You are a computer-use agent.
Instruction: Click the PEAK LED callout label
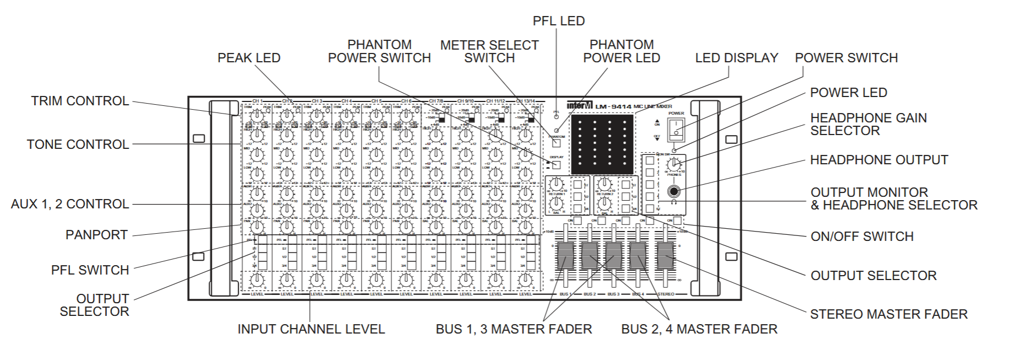(249, 58)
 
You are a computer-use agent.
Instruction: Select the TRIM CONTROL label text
(80, 101)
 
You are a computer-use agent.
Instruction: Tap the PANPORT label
(96, 235)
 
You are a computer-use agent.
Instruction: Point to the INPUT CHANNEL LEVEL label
(311, 329)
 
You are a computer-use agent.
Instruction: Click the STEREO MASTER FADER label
(888, 314)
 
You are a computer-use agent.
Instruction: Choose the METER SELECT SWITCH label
(489, 51)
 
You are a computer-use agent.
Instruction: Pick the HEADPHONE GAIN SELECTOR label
(868, 124)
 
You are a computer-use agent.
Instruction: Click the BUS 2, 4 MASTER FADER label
(699, 329)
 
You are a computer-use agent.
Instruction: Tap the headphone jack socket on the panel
(673, 192)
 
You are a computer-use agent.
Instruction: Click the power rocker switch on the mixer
(676, 129)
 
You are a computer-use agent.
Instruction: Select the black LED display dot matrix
(602, 144)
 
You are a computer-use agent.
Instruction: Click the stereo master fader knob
(666, 255)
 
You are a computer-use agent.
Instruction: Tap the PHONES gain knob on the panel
(673, 164)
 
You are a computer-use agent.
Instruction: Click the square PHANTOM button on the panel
(556, 143)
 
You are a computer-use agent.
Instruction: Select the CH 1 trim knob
(257, 116)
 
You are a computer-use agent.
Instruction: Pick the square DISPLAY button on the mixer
(556, 164)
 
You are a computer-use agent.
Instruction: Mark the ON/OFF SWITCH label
(862, 237)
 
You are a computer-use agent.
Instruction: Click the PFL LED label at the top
(558, 21)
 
